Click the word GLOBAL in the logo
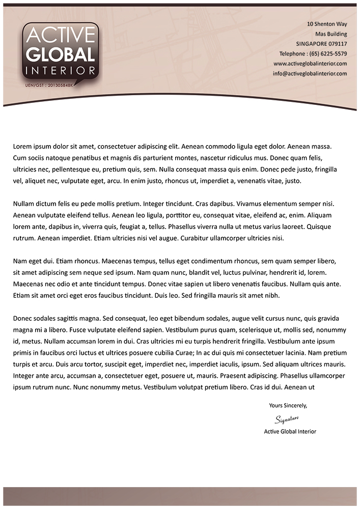click(x=60, y=55)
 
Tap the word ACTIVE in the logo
click(x=60, y=36)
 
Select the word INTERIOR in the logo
click(x=60, y=70)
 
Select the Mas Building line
click(x=331, y=34)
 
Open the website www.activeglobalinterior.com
click(x=310, y=64)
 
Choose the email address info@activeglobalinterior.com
click(x=310, y=73)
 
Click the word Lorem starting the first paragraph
click(x=22, y=147)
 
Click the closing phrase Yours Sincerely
click(x=288, y=406)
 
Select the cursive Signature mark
click(x=287, y=419)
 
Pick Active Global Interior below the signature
click(x=290, y=432)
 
